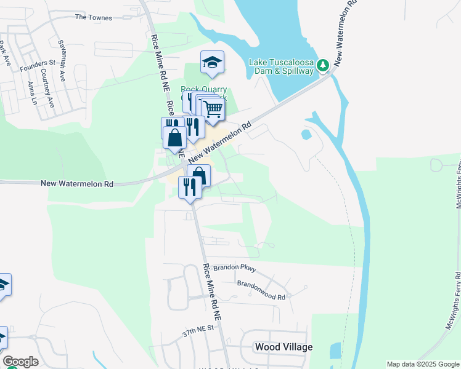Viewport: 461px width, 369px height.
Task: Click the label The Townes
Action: pos(94,18)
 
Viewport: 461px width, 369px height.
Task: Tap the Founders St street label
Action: pos(38,63)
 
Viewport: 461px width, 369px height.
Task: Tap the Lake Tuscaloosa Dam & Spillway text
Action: pos(281,66)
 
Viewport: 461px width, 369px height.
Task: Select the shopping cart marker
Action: pos(213,110)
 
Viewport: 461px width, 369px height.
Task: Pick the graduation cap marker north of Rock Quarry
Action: pos(212,62)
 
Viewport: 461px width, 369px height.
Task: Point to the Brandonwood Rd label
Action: pos(261,284)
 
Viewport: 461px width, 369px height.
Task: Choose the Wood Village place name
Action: pos(284,347)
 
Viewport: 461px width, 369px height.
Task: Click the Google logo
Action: pos(20,362)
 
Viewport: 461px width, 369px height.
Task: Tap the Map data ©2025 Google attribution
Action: pos(422,364)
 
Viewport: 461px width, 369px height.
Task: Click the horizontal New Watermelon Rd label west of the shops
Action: pos(77,183)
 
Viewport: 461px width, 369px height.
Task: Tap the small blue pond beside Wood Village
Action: pos(335,351)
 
